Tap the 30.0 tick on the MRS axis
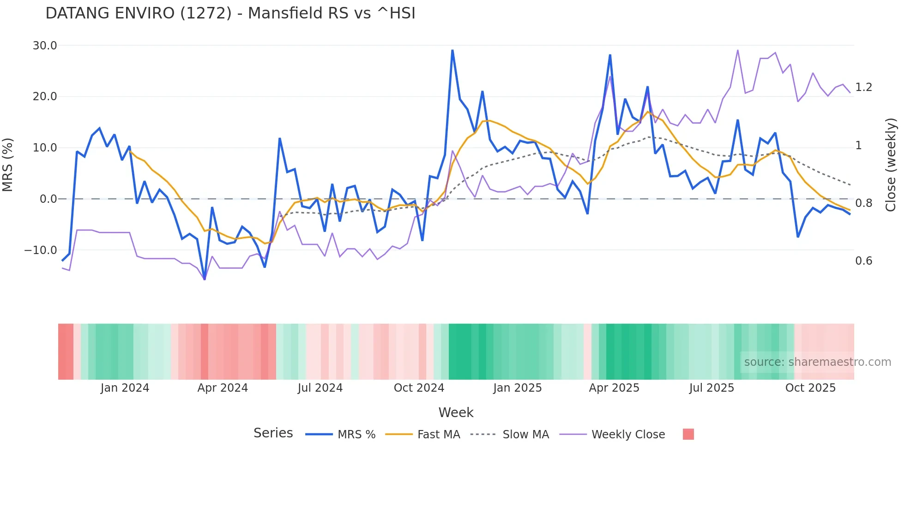pos(45,45)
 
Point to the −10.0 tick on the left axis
pos(41,250)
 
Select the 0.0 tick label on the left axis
pos(48,199)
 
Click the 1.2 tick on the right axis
pos(863,87)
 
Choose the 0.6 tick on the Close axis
pos(863,261)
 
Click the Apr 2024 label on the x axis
pos(223,388)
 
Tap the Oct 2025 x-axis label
pos(810,388)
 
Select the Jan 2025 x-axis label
pos(517,388)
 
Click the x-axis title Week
pos(456,412)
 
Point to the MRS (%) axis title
pos(8,164)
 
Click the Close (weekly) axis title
pos(891,164)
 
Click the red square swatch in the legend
pos(688,434)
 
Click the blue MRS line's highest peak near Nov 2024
pos(452,50)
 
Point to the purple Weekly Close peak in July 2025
pos(737,50)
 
